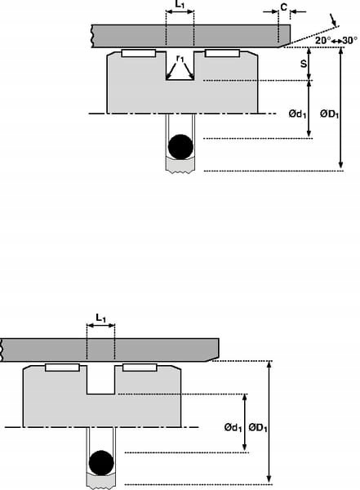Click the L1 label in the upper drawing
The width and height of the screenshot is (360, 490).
click(180, 4)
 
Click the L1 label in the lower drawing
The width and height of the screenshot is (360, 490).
click(100, 316)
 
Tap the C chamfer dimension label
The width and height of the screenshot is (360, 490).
click(283, 7)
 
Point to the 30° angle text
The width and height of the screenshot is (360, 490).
click(349, 40)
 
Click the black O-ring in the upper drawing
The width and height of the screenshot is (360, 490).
click(180, 147)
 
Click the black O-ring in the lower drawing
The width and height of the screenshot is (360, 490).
click(101, 462)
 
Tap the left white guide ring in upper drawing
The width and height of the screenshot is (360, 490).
click(138, 54)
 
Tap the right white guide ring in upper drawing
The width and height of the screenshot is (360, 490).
click(221, 54)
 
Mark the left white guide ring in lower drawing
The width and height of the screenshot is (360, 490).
click(62, 368)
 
